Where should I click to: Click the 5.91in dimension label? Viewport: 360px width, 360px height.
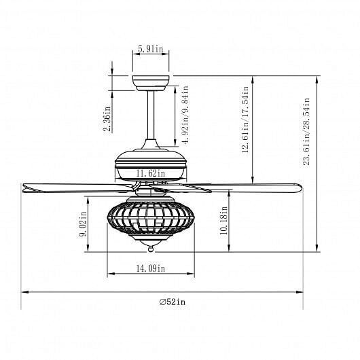point(150,49)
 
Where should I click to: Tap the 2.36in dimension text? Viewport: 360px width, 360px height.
point(107,119)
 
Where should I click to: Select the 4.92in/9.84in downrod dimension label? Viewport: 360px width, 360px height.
point(185,115)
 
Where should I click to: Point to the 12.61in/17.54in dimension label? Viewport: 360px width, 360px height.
point(245,120)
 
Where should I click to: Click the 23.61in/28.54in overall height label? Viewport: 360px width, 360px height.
point(306,131)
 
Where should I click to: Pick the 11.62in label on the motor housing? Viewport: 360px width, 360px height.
point(151,173)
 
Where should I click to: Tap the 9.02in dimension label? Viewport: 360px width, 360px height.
point(83,224)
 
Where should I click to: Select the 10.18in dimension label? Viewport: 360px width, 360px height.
point(224,220)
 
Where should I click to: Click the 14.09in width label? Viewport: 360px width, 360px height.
point(151,268)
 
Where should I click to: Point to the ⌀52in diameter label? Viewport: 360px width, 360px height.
point(173,302)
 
